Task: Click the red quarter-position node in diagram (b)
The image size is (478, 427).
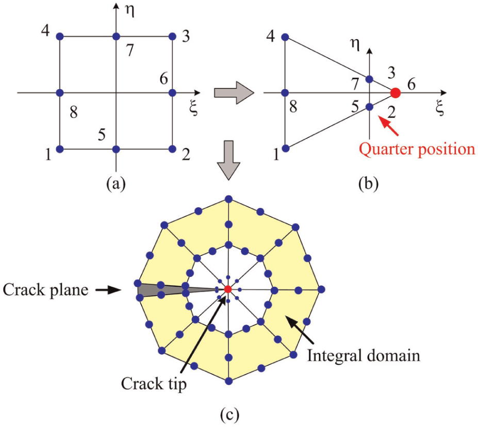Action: pyautogui.click(x=395, y=93)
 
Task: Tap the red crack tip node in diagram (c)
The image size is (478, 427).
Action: pyautogui.click(x=228, y=289)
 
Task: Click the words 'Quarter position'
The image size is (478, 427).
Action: pyautogui.click(x=417, y=150)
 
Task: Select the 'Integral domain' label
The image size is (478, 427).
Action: pyautogui.click(x=364, y=356)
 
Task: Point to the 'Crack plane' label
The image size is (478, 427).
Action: pyautogui.click(x=46, y=290)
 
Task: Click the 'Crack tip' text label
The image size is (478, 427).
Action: pyautogui.click(x=154, y=383)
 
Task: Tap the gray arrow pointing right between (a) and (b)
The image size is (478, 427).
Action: pyautogui.click(x=234, y=92)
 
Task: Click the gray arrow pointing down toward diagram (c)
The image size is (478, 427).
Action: pyautogui.click(x=228, y=160)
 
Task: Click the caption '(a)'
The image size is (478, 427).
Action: pyautogui.click(x=116, y=184)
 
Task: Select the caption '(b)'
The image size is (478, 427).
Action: pyautogui.click(x=369, y=184)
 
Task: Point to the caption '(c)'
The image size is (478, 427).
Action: pyautogui.click(x=229, y=415)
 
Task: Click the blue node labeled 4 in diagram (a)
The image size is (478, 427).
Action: pyautogui.click(x=60, y=37)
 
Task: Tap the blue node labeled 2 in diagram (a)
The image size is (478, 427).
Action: pyautogui.click(x=173, y=149)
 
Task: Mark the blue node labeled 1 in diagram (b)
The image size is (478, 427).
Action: pyautogui.click(x=285, y=149)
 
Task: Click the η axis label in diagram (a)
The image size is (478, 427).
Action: pyautogui.click(x=130, y=11)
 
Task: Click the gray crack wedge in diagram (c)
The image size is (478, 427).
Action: pyautogui.click(x=171, y=289)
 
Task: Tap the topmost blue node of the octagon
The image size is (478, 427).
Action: pyautogui.click(x=228, y=199)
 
